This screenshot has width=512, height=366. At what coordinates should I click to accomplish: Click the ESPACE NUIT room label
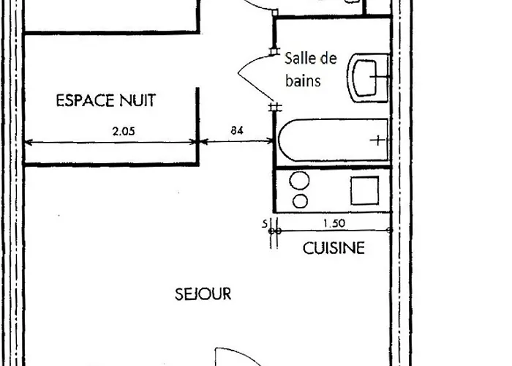coord(106,100)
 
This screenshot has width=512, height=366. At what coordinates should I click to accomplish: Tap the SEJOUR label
coord(203,294)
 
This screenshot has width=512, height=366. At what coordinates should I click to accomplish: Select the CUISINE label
coord(334,248)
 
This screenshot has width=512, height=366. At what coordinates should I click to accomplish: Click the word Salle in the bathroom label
coord(299,59)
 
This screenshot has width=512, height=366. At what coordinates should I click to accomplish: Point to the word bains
coord(303,81)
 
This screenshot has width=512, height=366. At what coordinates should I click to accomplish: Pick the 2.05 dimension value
coord(124,132)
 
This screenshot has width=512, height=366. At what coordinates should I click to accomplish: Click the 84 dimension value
coord(237,131)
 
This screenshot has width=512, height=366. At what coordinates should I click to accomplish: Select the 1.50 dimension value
coord(333,223)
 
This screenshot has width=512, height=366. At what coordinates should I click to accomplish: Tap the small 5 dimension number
coord(265,224)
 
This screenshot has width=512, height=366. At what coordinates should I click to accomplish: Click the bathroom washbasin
coord(369,76)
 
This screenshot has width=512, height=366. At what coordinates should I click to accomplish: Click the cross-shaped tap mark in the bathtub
coord(377,140)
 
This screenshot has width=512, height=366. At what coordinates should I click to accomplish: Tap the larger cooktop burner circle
coord(300,181)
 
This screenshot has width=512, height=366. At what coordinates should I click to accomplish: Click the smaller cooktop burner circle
coord(300,201)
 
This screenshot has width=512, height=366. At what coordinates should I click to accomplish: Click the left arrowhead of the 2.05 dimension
coord(29,142)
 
